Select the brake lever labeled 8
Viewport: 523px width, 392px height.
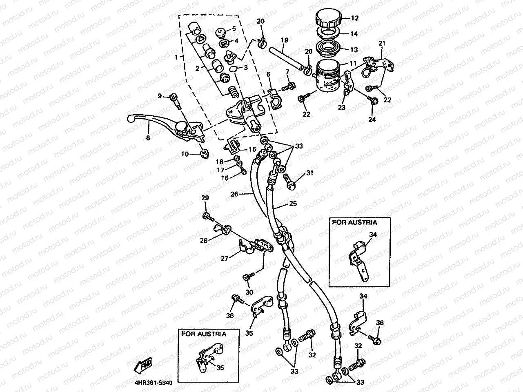(159, 124)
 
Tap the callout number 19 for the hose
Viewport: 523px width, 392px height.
(285, 40)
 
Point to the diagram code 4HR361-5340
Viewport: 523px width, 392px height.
(153, 383)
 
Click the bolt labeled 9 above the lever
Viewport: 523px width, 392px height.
(176, 97)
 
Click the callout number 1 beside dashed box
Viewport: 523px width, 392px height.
(176, 58)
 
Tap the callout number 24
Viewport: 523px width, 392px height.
(372, 120)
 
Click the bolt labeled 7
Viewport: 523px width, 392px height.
(291, 86)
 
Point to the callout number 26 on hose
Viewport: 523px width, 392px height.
(234, 194)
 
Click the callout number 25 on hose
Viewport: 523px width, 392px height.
(293, 203)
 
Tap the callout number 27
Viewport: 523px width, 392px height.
(224, 258)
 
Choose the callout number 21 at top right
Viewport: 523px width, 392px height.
(382, 43)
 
